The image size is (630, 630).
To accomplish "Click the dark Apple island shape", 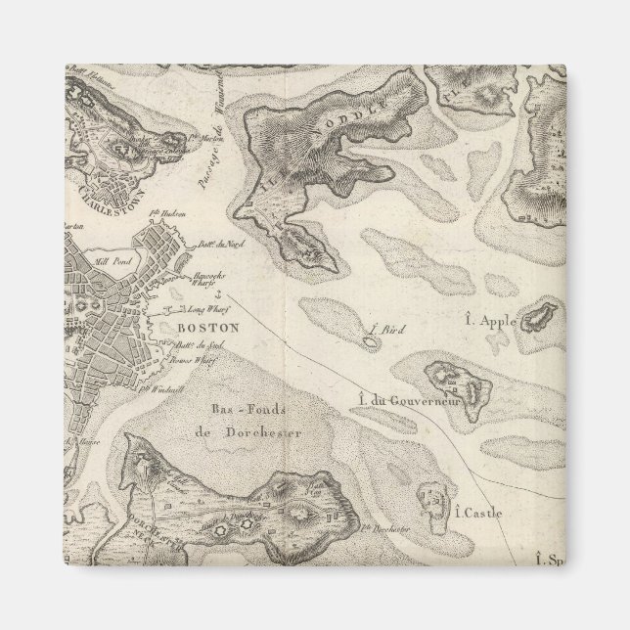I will point(538,318).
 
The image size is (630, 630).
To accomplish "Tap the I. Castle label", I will point(477,511).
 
